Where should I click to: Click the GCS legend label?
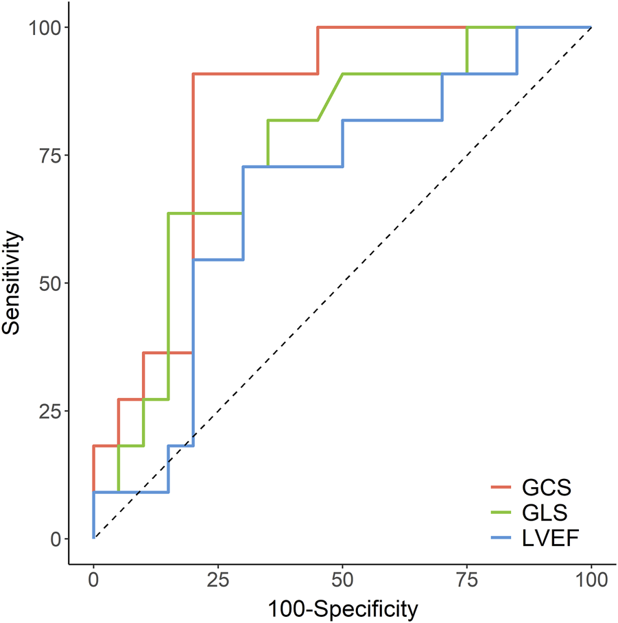point(547,488)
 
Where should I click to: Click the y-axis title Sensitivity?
point(12,283)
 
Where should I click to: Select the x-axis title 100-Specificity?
point(342,608)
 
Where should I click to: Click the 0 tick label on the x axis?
point(94,580)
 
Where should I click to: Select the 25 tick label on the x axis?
point(218,580)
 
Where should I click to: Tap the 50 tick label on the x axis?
point(342,580)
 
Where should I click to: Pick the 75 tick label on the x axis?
point(467,580)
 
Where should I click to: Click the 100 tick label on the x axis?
point(591,580)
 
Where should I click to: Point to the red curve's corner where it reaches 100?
point(318,27)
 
